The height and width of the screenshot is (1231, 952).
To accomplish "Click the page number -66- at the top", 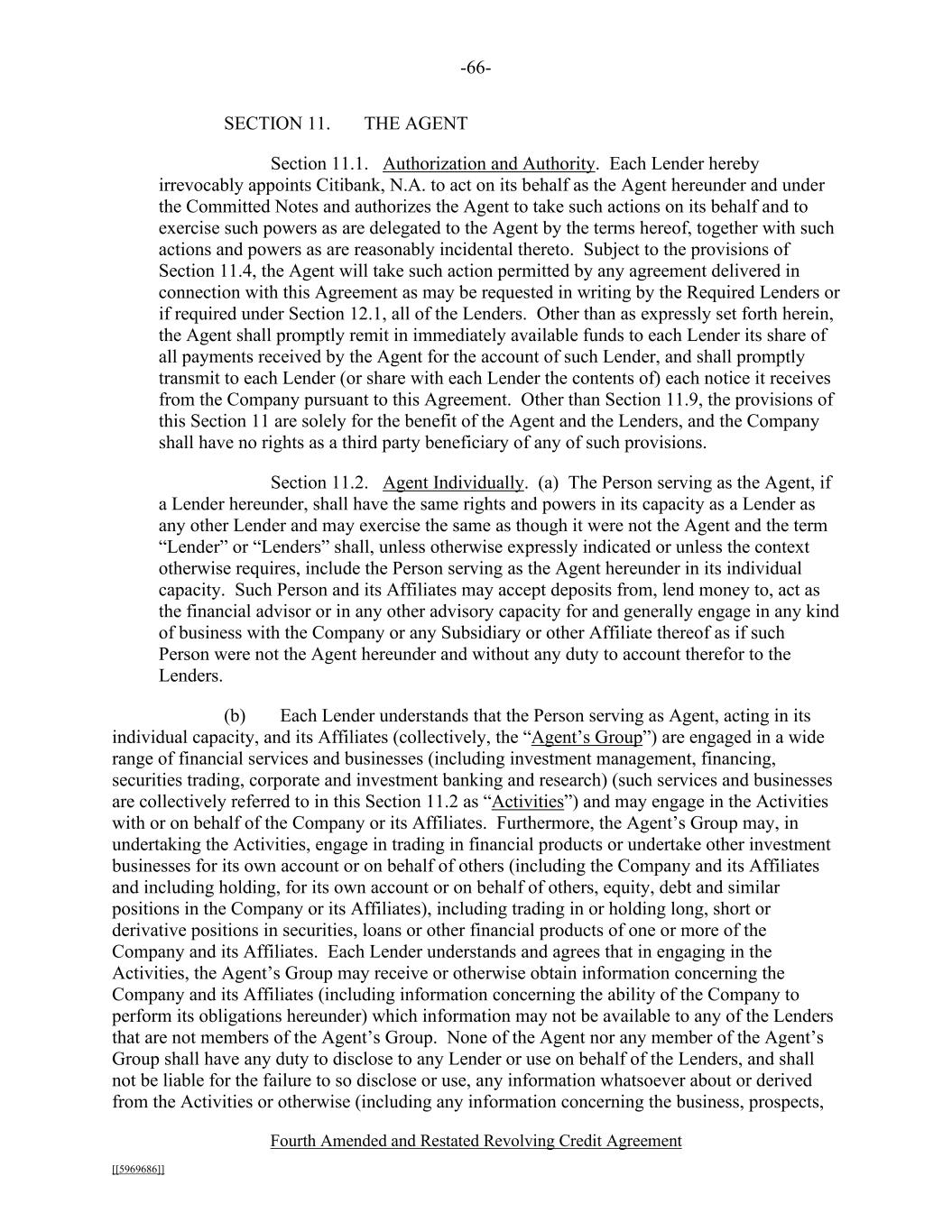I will tap(476, 69).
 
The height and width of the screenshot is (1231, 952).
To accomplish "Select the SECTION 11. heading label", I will tap(276, 124).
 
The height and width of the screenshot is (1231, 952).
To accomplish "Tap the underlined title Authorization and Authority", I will tap(488, 164).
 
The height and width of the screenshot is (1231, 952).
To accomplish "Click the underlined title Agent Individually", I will tap(453, 482).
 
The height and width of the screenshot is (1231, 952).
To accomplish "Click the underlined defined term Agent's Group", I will tap(587, 738).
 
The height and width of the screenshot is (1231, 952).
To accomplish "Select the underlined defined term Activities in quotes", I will tap(529, 802).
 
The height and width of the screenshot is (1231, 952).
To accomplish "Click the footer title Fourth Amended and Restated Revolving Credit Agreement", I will tap(476, 1141).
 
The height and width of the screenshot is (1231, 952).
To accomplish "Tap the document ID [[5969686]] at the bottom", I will tap(138, 1170).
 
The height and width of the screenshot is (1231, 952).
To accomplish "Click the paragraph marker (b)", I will tap(235, 716).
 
